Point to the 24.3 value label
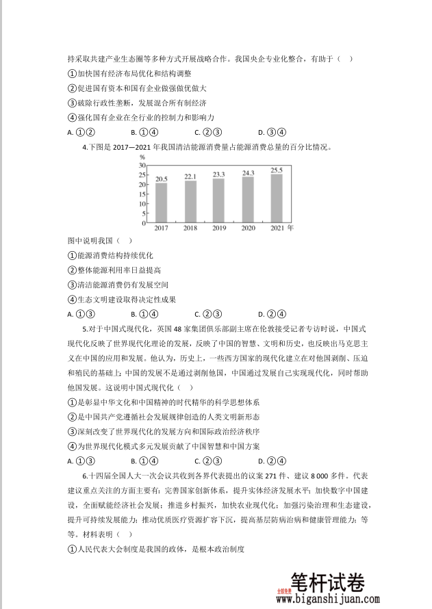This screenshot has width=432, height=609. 247,173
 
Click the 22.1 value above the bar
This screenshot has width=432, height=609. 190,177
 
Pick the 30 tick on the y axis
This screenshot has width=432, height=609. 142,165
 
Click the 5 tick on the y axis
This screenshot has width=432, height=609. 143,213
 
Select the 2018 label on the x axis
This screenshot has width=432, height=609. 190,229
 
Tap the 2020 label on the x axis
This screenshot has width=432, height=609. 247,229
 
